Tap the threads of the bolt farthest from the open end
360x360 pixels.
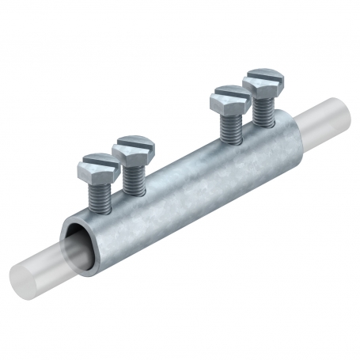pyautogui.click(x=262, y=106)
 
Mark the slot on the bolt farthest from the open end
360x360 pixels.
pyautogui.click(x=262, y=78)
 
